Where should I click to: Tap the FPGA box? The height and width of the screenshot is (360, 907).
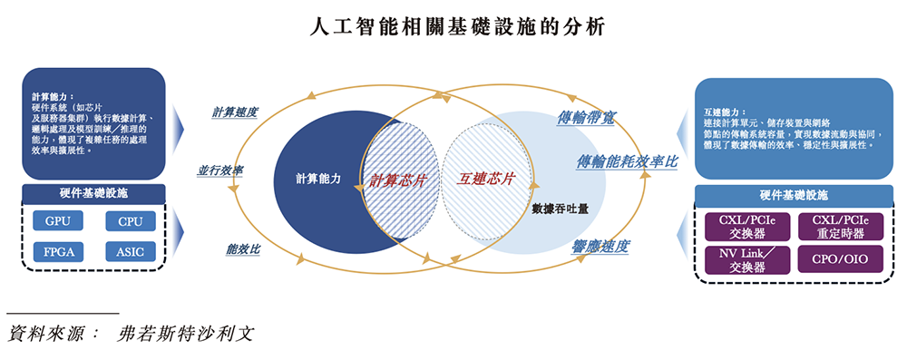pos(56,251)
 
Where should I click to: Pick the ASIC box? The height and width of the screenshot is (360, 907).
pos(130,251)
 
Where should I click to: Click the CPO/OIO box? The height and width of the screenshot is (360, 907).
pos(840,259)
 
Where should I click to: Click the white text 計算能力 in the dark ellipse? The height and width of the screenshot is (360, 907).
pos(317,179)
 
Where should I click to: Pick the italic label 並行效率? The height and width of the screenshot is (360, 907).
pos(219,170)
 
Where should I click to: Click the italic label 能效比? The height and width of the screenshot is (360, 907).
pos(244,248)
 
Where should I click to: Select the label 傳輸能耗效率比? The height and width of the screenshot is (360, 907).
pos(626,161)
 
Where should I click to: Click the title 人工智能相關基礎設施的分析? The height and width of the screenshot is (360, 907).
pos(453,28)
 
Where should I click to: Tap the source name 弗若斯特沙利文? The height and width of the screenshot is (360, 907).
pos(185,333)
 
